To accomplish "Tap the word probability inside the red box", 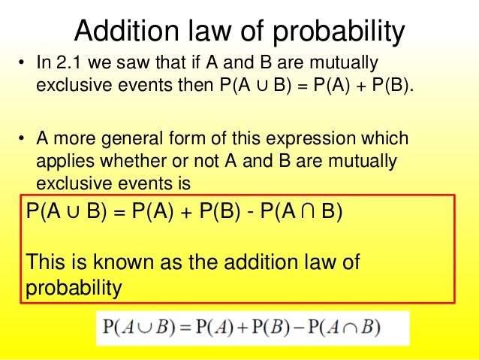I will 74,288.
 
